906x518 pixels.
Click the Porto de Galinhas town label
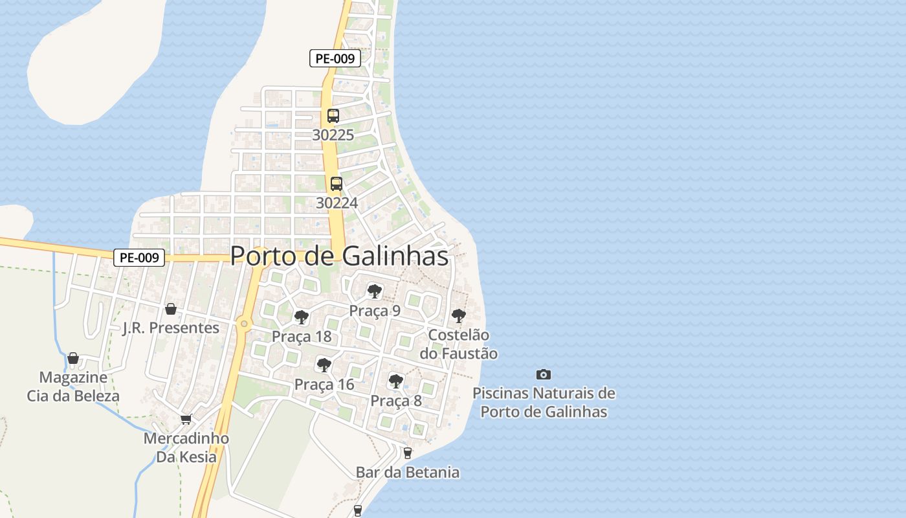coord(339,256)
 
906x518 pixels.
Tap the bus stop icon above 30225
coord(333,116)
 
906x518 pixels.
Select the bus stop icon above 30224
coord(336,183)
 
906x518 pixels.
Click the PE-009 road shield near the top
coord(335,58)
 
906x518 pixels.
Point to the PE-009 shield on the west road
coord(139,258)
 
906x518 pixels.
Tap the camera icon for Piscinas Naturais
coord(544,374)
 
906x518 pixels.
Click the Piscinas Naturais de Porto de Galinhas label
coord(544,402)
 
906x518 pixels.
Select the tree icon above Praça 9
coord(374,291)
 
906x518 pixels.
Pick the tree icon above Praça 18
coord(301,317)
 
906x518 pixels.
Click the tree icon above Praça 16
coord(324,365)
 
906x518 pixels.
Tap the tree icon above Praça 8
coord(396,381)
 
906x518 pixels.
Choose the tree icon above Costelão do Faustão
coord(459,316)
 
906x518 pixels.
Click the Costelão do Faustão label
coord(459,344)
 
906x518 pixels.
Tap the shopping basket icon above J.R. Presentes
coord(171,309)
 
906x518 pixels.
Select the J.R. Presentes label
coord(171,328)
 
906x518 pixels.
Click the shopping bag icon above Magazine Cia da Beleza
coord(73,358)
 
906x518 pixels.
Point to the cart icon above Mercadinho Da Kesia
coord(186,419)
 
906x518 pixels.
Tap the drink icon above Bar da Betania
coord(407,453)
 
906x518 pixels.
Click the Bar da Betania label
coord(408,473)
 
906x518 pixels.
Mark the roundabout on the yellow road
coord(244,323)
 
